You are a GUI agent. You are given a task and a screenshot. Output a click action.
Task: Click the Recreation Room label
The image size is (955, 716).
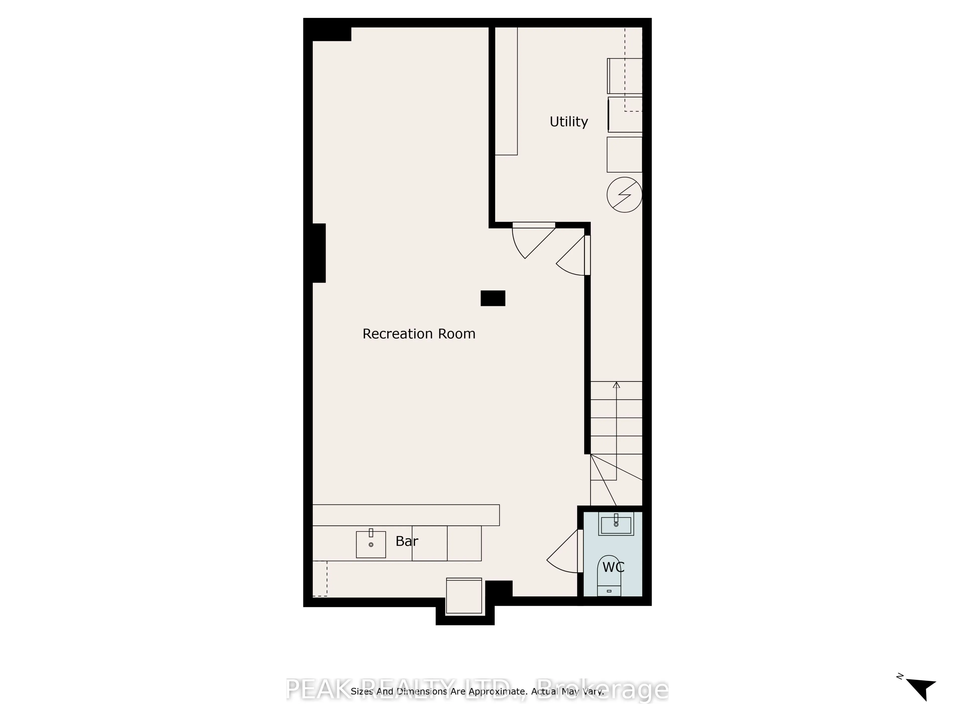click(419, 334)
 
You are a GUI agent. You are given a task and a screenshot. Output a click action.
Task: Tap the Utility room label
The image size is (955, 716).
click(569, 122)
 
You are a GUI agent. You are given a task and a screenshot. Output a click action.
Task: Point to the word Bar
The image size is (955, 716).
click(407, 541)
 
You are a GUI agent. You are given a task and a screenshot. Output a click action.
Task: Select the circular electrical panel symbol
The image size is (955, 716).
click(624, 195)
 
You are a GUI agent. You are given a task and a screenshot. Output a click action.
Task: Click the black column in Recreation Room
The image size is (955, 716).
click(493, 298)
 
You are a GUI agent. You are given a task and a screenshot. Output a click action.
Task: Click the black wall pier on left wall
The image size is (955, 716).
click(319, 253)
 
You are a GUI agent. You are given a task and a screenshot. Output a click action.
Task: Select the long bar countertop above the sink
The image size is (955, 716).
click(406, 515)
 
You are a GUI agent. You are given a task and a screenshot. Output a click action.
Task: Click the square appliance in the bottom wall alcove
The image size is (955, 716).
click(464, 596)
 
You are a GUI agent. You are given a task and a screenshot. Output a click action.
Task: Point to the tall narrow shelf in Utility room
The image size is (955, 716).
click(506, 91)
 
